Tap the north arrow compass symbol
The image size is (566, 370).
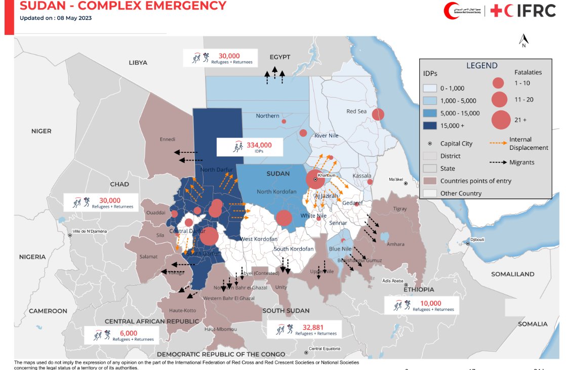click(524, 40)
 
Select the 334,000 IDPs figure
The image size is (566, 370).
click(259, 145)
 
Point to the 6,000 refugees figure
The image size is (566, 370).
click(128, 333)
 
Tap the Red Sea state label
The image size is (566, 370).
click(356, 111)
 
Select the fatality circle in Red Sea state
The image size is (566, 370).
click(378, 114)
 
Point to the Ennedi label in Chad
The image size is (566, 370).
click(167, 139)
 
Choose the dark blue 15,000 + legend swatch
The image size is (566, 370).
click(431, 125)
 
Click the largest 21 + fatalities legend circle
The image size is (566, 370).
click(500, 119)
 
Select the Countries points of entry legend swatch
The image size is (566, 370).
click(431, 181)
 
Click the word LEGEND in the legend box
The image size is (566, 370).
click(481, 65)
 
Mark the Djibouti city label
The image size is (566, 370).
click(478, 239)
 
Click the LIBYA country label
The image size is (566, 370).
click(138, 63)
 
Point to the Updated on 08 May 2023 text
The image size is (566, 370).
click(56, 18)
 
